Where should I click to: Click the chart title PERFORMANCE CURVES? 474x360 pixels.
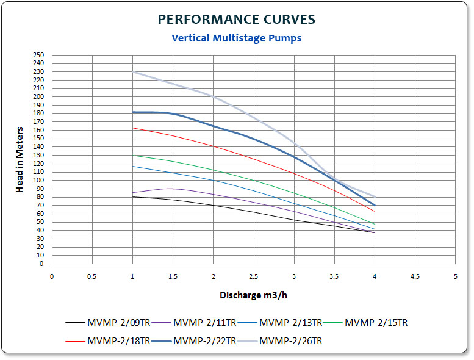(237, 20)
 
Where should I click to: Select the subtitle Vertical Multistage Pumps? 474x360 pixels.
(237, 38)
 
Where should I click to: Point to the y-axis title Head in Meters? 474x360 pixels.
(20, 160)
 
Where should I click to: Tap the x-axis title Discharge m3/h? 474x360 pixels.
(253, 295)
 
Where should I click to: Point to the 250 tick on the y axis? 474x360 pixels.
(39, 55)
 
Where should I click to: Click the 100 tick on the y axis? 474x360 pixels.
(39, 181)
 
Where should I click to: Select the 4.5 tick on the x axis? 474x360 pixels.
(415, 276)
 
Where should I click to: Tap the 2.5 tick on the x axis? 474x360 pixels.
(254, 276)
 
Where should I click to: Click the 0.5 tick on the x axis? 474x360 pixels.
(92, 276)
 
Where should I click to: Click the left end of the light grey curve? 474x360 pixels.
(133, 72)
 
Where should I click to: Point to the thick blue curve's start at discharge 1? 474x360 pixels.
(133, 112)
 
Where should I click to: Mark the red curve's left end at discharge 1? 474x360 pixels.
(133, 128)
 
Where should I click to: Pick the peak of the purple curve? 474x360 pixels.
(169, 189)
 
